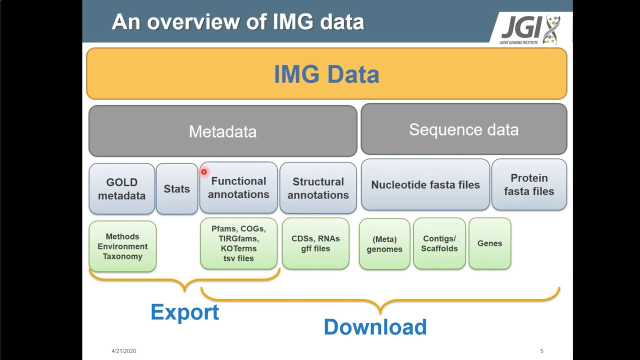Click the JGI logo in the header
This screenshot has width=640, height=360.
coord(530,29)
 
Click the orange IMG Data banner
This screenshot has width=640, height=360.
coord(326,74)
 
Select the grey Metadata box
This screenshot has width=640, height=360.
coord(222,131)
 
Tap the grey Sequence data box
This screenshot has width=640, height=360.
coord(463,129)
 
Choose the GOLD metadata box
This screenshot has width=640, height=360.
coord(121,189)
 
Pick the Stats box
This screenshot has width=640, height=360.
coord(176,189)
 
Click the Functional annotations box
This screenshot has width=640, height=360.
coord(238,188)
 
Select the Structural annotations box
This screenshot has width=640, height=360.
coord(318,188)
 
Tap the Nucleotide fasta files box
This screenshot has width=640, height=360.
coord(425,185)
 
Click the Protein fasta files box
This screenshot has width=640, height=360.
coord(529,185)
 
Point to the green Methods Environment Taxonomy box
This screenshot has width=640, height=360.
coord(122,246)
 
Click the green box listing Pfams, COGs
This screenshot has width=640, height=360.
coord(238,243)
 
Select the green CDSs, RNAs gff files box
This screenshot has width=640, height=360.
coord(315,243)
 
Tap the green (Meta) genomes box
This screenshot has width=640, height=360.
coord(384,244)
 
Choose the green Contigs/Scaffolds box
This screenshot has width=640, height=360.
coord(439,243)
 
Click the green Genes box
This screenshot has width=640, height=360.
coord(489,243)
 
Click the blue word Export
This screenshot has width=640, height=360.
coord(184,312)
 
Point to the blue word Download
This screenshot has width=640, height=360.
coord(375,327)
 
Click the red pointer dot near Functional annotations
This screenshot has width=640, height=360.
coord(204,172)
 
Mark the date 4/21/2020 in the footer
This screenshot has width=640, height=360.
coord(123,351)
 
